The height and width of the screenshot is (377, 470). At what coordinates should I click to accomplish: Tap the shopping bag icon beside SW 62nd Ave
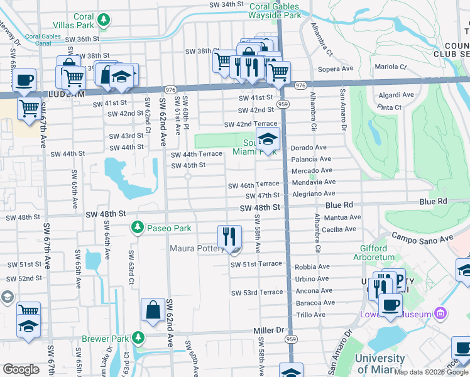tap(153, 309)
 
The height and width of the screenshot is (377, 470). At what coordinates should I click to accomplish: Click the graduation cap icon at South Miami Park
tap(268, 139)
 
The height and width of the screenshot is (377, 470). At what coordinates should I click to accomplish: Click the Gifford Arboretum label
tap(378, 253)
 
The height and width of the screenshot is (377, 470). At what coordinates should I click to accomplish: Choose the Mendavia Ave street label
tap(312, 183)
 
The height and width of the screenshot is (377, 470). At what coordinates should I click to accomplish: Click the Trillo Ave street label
tap(310, 315)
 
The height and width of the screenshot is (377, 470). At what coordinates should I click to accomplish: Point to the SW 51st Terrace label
tap(257, 264)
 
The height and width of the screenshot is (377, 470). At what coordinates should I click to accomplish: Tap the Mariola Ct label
tap(391, 67)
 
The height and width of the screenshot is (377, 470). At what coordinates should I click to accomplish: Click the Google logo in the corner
tap(21, 369)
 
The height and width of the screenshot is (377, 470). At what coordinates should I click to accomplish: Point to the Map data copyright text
tap(431, 372)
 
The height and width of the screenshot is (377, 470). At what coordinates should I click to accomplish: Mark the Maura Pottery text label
tap(197, 249)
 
